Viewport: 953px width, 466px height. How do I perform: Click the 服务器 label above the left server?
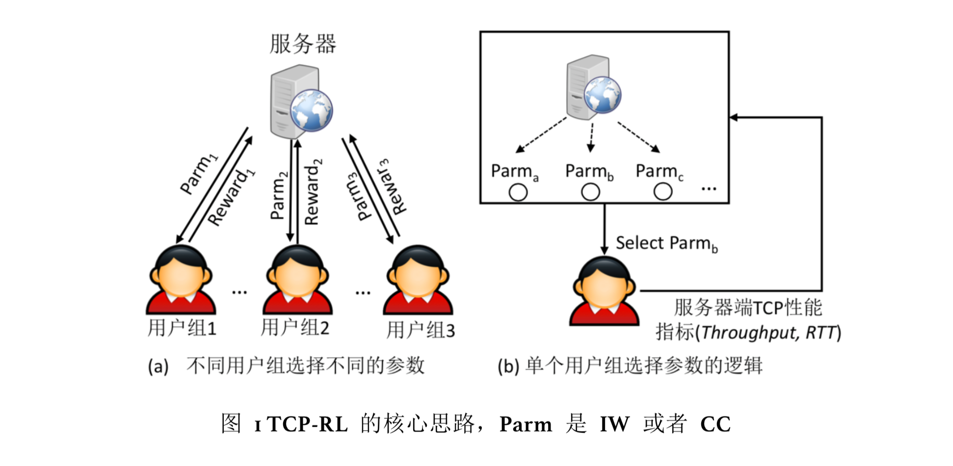tap(303, 44)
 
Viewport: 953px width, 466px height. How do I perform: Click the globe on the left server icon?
tap(311, 110)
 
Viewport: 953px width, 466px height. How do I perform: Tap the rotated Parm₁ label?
tap(198, 174)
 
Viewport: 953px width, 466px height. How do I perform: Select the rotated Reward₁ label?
tap(231, 197)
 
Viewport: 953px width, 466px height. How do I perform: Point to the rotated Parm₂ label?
tap(279, 195)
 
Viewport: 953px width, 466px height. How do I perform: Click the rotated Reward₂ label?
tap(313, 192)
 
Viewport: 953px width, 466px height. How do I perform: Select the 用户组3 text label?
tap(421, 330)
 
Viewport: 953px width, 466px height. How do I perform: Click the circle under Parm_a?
tap(518, 192)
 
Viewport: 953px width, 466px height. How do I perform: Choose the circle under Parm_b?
tap(590, 192)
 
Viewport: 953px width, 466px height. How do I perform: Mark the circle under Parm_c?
tap(662, 192)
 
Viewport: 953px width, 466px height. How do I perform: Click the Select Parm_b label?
tap(666, 244)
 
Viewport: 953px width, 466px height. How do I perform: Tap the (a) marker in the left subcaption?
tap(158, 366)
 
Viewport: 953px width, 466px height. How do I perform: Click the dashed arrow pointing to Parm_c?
tap(638, 137)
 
